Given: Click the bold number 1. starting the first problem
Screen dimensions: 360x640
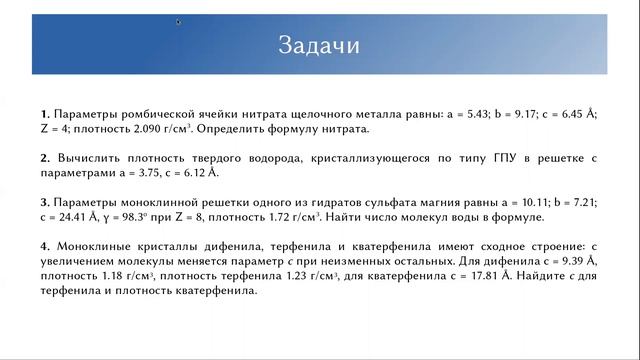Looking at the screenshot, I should click(x=45, y=113).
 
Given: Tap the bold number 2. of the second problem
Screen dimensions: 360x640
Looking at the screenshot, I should click(x=45, y=158).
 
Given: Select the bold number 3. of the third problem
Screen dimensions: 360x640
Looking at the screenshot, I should click(x=45, y=202).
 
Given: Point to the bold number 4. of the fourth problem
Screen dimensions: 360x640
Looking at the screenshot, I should click(x=45, y=247).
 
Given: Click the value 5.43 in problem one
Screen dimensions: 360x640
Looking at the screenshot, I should click(x=473, y=113).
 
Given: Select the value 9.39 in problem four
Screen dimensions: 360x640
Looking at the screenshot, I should click(x=574, y=262).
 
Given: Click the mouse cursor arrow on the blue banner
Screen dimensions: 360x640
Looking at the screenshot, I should click(x=179, y=21).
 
